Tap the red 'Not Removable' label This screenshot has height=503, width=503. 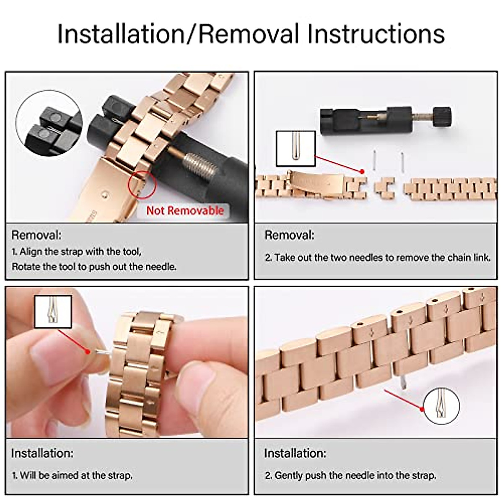tap(185, 210)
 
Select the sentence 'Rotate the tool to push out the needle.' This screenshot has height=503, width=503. tap(94, 267)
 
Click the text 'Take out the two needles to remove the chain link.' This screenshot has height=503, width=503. tap(377, 257)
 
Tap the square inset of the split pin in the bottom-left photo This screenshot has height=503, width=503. tap(53, 312)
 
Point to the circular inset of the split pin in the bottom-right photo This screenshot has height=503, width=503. tap(441, 406)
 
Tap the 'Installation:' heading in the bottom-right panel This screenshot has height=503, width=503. tap(295, 454)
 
